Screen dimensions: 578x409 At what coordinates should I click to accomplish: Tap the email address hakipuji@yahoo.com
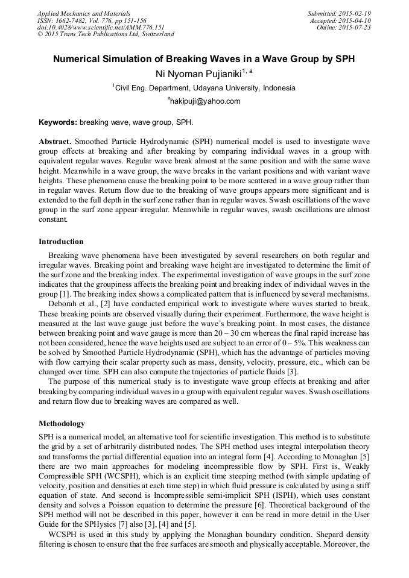pos(204,101)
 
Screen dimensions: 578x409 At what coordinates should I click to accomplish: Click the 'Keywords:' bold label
pos(58,122)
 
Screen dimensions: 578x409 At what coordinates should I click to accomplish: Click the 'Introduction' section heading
pos(61,242)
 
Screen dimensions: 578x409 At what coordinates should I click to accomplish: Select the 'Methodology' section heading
pos(62,424)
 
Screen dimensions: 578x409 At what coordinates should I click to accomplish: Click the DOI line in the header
pos(101,27)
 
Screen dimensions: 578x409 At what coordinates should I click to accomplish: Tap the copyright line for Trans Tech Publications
pos(106,34)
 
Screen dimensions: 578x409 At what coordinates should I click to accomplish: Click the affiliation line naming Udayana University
pos(204,88)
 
